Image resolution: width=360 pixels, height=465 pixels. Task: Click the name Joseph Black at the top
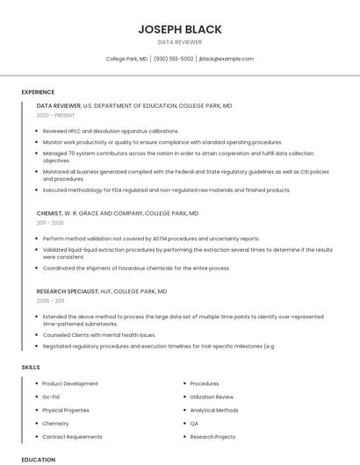pyautogui.click(x=179, y=29)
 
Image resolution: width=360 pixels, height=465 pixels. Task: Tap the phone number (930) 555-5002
pyautogui.click(x=173, y=59)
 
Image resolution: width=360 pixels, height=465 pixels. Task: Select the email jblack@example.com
pyautogui.click(x=227, y=59)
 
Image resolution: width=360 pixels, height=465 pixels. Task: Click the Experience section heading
pyautogui.click(x=38, y=91)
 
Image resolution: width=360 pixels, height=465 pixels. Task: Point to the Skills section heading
pyautogui.click(x=30, y=367)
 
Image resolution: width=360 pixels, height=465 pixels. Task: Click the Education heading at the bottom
pyautogui.click(x=38, y=459)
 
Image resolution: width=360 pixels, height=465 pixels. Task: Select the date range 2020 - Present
pyautogui.click(x=55, y=115)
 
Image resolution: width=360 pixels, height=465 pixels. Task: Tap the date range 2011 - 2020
pyautogui.click(x=51, y=223)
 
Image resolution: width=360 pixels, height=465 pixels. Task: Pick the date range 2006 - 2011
pyautogui.click(x=51, y=300)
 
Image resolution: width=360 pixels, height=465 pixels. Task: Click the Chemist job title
pyautogui.click(x=49, y=213)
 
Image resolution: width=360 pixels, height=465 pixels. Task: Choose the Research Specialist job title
pyautogui.click(x=66, y=290)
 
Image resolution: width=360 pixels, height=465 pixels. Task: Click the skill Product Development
pyautogui.click(x=70, y=383)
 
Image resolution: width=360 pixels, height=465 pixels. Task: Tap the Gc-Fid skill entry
pyautogui.click(x=51, y=397)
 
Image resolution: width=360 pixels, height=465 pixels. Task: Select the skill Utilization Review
pyautogui.click(x=212, y=397)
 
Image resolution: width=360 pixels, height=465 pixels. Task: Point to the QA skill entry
pyautogui.click(x=194, y=423)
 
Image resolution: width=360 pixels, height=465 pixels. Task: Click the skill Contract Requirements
pyautogui.click(x=72, y=436)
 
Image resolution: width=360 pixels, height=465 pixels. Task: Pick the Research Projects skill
pyautogui.click(x=212, y=436)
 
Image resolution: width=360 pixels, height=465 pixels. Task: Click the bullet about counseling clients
pyautogui.click(x=98, y=334)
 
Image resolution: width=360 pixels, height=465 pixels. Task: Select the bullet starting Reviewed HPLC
pyautogui.click(x=110, y=131)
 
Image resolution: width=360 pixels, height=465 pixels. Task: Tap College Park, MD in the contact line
pyautogui.click(x=126, y=59)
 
